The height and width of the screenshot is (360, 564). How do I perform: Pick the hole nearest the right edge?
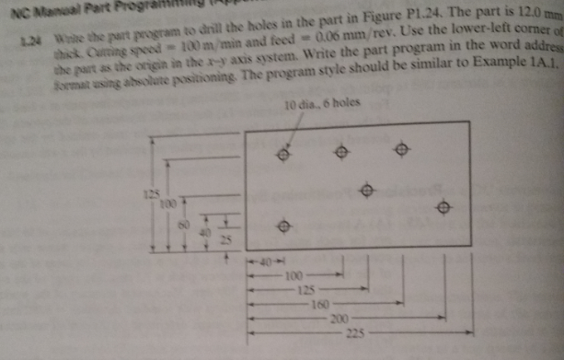point(445,208)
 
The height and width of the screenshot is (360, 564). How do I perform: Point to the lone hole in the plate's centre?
point(367,192)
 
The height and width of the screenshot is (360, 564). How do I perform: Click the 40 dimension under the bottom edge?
point(264,262)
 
